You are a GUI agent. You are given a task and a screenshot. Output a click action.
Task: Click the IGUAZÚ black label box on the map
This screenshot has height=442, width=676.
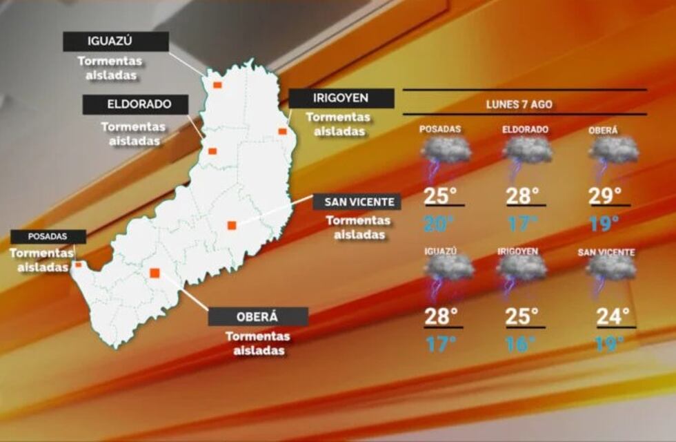[x=116, y=41]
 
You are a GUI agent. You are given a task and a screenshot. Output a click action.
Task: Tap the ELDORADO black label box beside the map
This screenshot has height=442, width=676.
[x=136, y=105]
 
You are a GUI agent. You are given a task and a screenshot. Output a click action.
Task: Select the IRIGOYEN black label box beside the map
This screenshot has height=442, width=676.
[x=341, y=99]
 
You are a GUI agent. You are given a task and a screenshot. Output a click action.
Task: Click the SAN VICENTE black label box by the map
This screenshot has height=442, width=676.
[x=357, y=202]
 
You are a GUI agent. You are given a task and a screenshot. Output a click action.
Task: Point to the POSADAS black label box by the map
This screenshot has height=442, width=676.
[x=48, y=236]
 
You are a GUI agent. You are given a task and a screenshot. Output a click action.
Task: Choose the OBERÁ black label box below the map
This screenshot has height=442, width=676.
[x=258, y=316]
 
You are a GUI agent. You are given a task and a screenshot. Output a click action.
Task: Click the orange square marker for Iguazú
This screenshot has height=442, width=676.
[x=217, y=85]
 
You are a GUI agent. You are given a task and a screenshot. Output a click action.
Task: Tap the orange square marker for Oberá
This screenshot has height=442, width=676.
[x=155, y=273]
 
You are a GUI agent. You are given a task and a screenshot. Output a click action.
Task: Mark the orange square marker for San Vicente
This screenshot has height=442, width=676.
[x=232, y=224]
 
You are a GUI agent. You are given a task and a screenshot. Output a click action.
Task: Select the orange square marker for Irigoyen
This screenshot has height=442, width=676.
[x=282, y=131]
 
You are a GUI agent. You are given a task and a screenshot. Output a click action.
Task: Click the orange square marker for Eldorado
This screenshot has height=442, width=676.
[x=213, y=151]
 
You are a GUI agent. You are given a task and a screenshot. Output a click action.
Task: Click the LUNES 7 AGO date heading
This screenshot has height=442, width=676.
[x=519, y=105]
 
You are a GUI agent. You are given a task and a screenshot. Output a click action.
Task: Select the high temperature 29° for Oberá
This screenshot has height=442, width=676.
[x=605, y=195]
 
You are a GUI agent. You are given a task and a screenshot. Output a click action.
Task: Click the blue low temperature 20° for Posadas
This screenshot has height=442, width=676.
[x=439, y=224]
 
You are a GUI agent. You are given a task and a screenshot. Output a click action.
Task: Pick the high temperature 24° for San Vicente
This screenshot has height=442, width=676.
[x=613, y=317]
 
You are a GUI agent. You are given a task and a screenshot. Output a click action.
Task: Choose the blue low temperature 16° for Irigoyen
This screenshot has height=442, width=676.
[x=521, y=344]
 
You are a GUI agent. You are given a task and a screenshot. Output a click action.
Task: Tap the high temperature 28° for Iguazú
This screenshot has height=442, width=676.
[x=441, y=317]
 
